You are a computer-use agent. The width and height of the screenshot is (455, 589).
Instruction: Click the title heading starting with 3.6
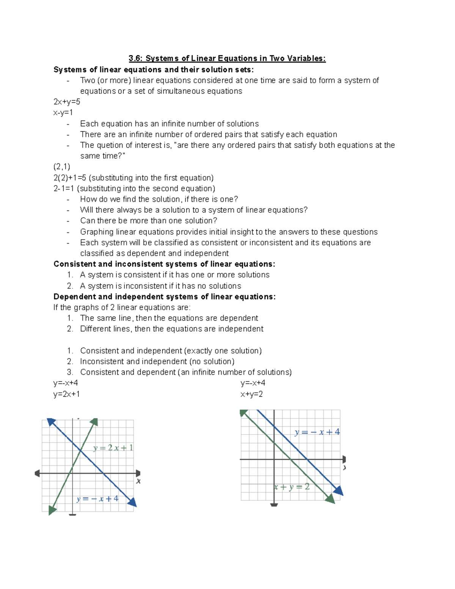[227, 58]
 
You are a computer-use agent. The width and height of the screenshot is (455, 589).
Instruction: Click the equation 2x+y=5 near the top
[67, 102]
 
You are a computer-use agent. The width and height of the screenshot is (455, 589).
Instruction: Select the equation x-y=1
[63, 113]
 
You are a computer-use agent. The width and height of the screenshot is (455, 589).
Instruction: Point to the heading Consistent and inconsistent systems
[164, 264]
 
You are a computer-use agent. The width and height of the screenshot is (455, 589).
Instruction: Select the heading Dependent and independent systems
[164, 297]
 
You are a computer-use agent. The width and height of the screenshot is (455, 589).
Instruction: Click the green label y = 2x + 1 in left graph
[113, 448]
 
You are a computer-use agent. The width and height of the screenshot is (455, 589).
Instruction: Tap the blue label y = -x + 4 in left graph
[97, 499]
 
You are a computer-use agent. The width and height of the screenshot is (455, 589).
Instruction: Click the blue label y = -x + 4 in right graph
[317, 432]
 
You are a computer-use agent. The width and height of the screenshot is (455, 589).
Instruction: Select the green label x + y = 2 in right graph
[292, 487]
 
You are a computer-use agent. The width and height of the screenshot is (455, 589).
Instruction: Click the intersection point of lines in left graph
[81, 450]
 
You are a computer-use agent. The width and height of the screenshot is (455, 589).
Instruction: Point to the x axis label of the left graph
[138, 481]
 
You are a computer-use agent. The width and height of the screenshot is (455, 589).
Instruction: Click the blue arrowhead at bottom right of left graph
[132, 503]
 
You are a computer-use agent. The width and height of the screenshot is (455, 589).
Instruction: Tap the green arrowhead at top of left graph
[94, 422]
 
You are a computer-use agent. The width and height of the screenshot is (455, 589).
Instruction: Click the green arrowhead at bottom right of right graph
[330, 499]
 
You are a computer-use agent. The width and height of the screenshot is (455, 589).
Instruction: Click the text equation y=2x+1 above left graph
[67, 394]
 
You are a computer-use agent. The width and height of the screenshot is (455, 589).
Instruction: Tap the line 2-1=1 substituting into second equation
[134, 188]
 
